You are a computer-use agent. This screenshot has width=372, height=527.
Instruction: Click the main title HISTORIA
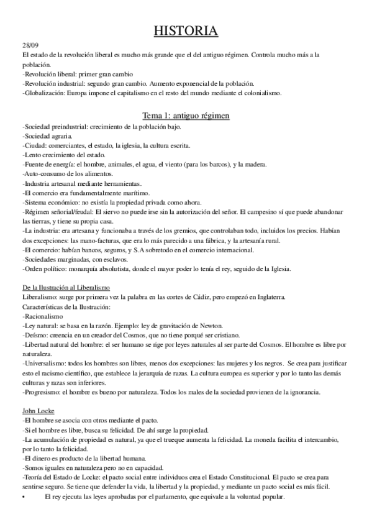click(x=186, y=31)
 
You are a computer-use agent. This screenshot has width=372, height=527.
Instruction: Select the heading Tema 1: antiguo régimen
click(x=186, y=116)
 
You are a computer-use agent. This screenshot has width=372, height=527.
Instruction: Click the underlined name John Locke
click(x=37, y=394)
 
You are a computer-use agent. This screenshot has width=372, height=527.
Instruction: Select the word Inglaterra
click(x=267, y=298)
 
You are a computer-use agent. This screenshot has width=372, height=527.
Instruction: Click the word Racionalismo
click(x=47, y=316)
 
